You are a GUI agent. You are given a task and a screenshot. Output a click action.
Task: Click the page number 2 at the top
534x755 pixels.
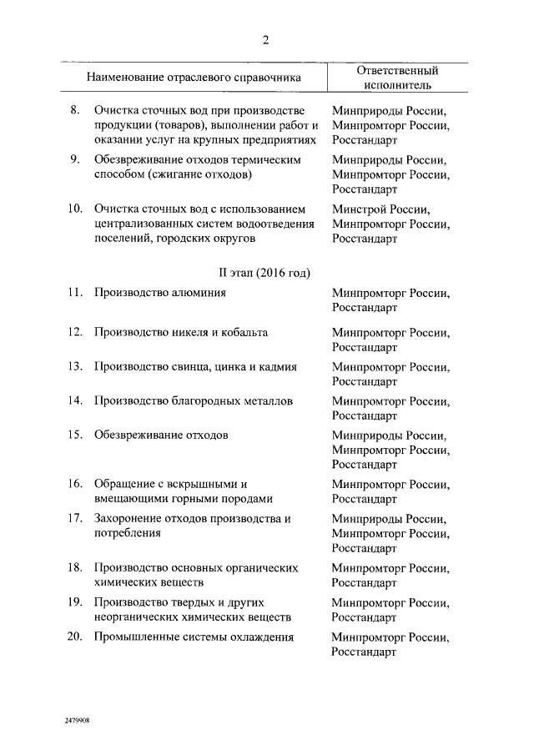click(266, 42)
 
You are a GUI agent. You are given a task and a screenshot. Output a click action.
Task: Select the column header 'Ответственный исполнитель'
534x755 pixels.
click(397, 78)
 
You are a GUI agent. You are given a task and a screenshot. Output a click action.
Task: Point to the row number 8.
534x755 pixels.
click(74, 110)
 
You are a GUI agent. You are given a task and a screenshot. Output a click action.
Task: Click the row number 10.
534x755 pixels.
click(74, 208)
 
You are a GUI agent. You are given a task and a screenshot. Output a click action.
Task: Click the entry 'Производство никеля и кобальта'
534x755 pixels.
click(180, 332)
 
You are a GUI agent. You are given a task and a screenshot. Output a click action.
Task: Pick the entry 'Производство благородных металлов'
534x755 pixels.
click(194, 400)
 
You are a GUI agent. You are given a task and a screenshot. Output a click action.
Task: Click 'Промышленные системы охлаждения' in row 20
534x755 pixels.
click(194, 637)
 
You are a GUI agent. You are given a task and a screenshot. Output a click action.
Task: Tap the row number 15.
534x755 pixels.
click(74, 435)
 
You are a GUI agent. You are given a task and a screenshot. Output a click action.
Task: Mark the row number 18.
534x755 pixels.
click(74, 567)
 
